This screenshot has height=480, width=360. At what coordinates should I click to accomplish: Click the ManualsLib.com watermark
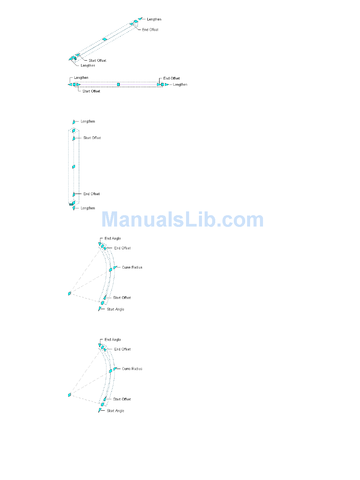pos(183,220)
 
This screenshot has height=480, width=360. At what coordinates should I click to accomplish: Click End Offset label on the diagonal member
pos(150,30)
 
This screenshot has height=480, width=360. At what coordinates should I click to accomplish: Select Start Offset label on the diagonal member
pos(97,61)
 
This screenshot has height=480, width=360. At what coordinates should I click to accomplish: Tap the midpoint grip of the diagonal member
pos(105,39)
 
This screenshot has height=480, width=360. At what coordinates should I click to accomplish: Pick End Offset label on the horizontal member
pos(171,78)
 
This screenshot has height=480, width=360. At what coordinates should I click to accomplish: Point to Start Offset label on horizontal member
pos(91,91)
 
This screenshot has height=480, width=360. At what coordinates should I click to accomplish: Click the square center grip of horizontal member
pos(119,84)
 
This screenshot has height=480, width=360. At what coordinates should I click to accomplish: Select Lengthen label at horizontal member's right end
pos(180,84)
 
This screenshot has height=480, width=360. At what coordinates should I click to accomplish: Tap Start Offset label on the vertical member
pos(92,138)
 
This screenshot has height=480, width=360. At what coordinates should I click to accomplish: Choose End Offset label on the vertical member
pos(92,194)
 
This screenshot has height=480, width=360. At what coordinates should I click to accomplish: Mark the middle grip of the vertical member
pos(74,167)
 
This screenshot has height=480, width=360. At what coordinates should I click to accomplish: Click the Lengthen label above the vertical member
pos(88,122)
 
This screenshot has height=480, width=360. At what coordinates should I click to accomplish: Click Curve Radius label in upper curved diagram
pos(132,267)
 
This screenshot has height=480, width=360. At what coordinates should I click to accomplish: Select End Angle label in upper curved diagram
pos(113,239)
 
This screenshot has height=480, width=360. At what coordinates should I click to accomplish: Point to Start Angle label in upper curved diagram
pos(115,310)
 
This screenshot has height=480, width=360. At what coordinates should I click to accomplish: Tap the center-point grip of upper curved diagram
pos(70,294)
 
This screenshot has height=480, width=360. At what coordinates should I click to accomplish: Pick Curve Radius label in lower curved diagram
pos(132,369)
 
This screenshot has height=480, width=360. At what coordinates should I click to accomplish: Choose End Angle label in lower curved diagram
pos(113,340)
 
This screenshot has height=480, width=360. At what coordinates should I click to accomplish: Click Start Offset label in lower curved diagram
pos(122,399)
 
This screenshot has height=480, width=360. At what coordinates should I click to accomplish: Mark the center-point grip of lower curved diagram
pos(70,395)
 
